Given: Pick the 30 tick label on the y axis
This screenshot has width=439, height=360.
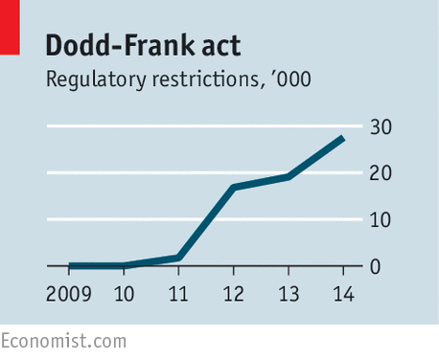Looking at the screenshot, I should click(381, 126).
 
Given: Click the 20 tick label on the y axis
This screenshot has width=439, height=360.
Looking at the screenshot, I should click(381, 173).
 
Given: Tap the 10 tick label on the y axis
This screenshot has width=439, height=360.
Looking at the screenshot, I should click(381, 219).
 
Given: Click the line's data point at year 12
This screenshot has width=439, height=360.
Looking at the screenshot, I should click(234, 187).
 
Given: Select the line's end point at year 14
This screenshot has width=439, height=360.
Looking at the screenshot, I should click(342, 138).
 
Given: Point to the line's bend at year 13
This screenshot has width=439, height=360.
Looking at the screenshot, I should click(289, 177).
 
